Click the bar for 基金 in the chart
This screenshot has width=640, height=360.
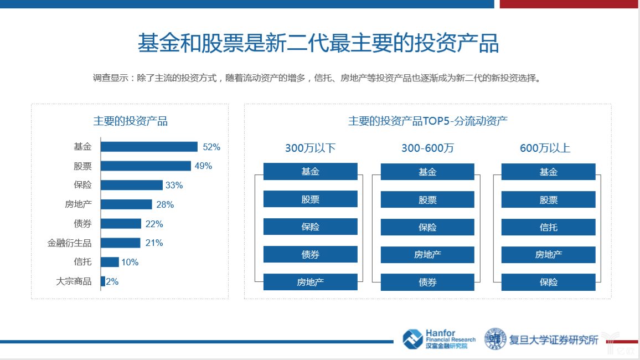coord(149,147)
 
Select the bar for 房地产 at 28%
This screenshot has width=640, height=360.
coord(126,204)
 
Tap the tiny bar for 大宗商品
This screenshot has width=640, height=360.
coord(102,281)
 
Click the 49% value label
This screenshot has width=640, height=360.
coord(203,166)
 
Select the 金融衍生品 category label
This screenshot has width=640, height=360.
coord(69,243)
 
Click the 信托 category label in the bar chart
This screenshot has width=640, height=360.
coord(82,262)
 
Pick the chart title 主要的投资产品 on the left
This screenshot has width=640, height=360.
coord(130,121)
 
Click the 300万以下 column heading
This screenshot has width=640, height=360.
coord(310,148)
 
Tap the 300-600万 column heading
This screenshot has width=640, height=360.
coord(427,148)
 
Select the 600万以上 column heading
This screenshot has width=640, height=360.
coord(545,148)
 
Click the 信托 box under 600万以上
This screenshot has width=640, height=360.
coord(548,227)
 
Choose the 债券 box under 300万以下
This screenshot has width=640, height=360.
coord(310,254)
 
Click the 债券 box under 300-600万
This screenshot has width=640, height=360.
coord(427,282)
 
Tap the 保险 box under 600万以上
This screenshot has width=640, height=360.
coord(548,282)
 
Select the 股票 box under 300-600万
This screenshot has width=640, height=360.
coord(427,199)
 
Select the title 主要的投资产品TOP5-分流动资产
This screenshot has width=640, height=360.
coord(427,121)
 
